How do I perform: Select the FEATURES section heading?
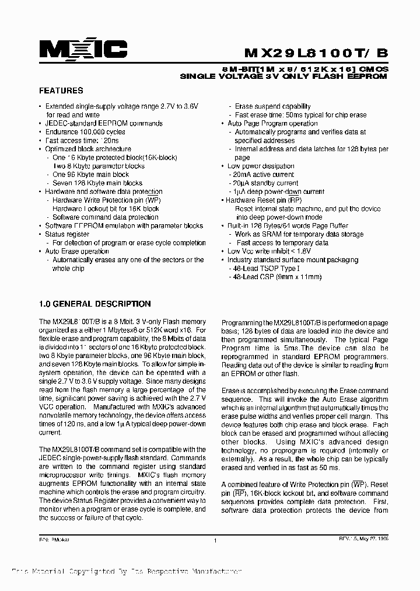(61, 91)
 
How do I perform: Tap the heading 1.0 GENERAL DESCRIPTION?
(94, 304)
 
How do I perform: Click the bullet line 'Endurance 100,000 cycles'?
(85, 132)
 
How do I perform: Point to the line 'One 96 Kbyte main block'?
(90, 175)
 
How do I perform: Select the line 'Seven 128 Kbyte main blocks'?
(97, 183)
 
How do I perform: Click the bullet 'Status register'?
(67, 234)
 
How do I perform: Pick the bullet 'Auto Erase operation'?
(77, 252)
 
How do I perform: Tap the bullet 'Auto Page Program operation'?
(272, 124)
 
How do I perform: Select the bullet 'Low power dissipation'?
(261, 166)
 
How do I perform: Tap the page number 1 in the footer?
(215, 541)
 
